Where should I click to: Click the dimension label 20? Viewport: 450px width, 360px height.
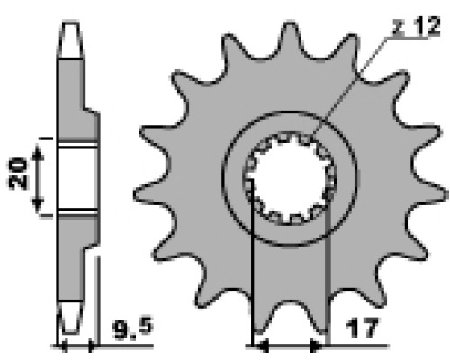(x=17, y=174)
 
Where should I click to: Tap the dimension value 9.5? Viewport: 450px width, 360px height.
(x=133, y=329)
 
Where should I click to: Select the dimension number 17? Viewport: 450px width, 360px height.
(x=362, y=328)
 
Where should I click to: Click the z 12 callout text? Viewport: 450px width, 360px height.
(x=416, y=26)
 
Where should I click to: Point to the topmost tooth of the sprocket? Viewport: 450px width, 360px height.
(x=290, y=39)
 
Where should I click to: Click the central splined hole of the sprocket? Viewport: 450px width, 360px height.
(x=291, y=178)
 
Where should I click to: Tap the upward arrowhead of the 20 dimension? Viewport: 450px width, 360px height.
(x=38, y=152)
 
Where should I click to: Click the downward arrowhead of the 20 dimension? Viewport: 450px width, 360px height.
(x=38, y=205)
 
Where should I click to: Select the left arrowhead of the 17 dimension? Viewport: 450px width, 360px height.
(x=262, y=346)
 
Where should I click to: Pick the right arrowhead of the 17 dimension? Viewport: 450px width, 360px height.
(x=317, y=346)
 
